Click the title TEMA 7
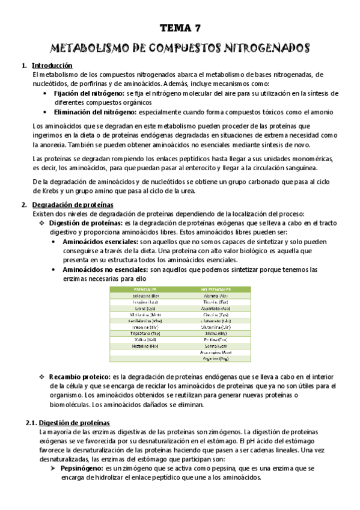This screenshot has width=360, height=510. coord(180,28)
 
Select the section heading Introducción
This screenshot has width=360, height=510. coord(52,66)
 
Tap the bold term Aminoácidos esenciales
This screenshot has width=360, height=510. coord(100,241)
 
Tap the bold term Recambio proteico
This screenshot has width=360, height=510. coord(79,376)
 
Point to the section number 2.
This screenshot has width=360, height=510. coord(23,204)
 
